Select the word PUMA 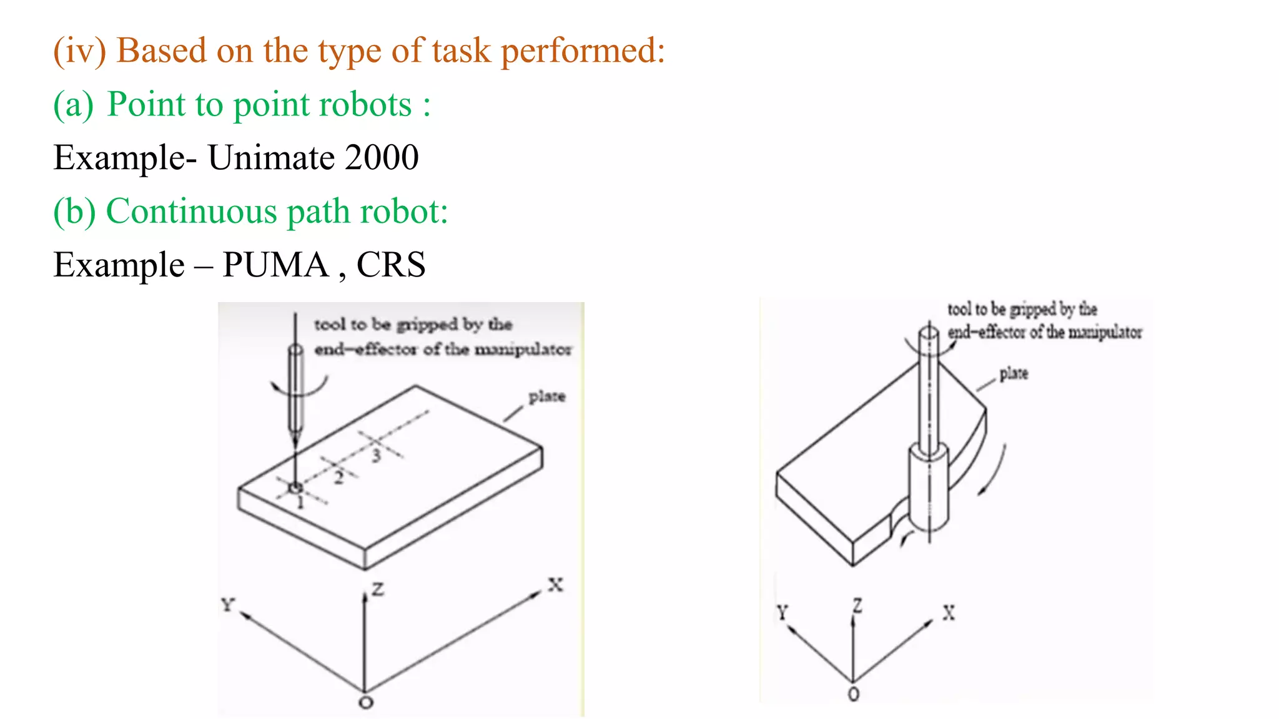[x=275, y=265]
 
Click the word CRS [x=391, y=265]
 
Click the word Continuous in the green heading [x=191, y=211]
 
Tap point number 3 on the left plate [x=376, y=455]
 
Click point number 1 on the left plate [x=300, y=502]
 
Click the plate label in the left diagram [x=546, y=396]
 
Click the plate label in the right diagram [x=1013, y=373]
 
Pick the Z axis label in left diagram [x=378, y=589]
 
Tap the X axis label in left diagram [x=555, y=585]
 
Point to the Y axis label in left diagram [x=227, y=604]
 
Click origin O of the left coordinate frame [x=366, y=703]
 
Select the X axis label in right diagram [x=949, y=613]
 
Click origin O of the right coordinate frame [x=854, y=693]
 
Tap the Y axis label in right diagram [x=783, y=612]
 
